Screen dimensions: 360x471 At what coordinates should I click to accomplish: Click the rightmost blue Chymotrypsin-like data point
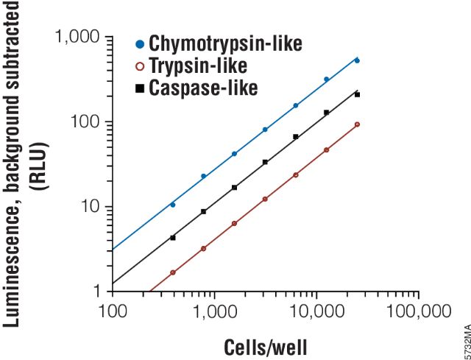pyautogui.click(x=357, y=60)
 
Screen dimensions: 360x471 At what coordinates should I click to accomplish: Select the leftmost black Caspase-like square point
pyautogui.click(x=173, y=238)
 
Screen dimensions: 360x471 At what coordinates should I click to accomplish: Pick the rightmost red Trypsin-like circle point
pyautogui.click(x=357, y=124)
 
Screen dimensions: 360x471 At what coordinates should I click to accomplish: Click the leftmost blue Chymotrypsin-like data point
pyautogui.click(x=173, y=205)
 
